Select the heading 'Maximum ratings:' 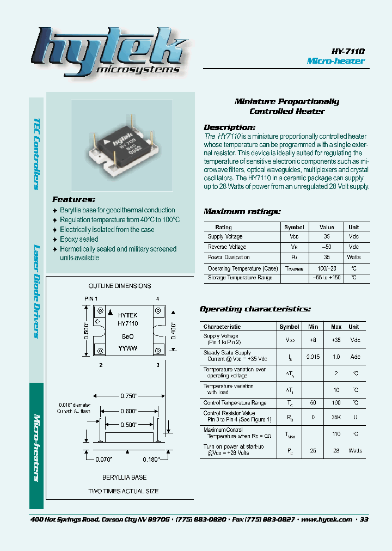click(x=242, y=211)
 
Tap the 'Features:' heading click(x=73, y=199)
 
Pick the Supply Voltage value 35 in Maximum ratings click(x=327, y=237)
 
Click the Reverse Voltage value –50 click(x=327, y=247)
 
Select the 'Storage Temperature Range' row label click(x=240, y=278)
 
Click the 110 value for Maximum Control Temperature click(x=336, y=434)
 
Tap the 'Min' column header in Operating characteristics click(x=313, y=327)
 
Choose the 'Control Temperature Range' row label click(x=235, y=403)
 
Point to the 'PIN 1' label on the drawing click(x=90, y=298)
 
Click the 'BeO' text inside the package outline click(x=127, y=336)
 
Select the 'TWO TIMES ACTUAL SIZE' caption click(x=124, y=491)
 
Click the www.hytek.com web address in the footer click(x=326, y=519)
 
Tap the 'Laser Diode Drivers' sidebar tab click(x=36, y=292)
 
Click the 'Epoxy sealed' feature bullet click(x=79, y=239)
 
